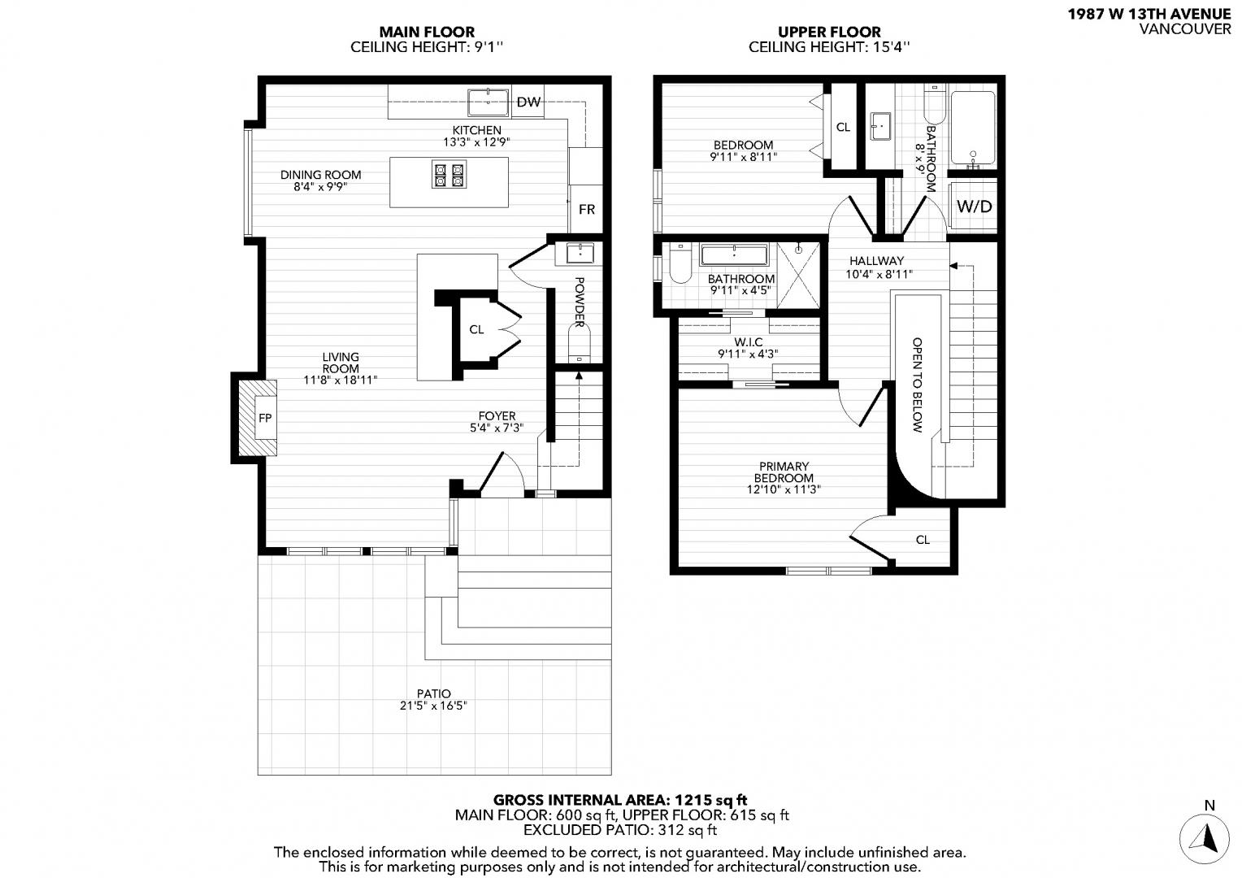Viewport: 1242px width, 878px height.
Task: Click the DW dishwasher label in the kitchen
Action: pos(528,102)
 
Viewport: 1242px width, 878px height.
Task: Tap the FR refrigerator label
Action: pos(587,209)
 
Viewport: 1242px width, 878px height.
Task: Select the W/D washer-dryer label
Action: pos(975,206)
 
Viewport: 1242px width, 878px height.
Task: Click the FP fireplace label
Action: pos(265,418)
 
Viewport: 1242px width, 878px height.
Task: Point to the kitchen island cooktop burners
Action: pos(449,175)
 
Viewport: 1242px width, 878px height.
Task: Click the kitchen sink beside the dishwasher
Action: pos(488,102)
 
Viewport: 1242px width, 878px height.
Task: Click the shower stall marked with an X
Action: pos(798,275)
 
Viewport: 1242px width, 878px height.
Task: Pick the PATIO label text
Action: pos(433,693)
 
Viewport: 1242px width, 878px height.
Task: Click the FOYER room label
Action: pos(497,416)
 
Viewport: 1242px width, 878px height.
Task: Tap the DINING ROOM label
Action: pos(320,176)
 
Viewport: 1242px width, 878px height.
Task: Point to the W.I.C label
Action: pos(748,342)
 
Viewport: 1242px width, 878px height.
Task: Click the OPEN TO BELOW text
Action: pos(917,385)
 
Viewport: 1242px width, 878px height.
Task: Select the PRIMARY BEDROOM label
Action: pos(784,472)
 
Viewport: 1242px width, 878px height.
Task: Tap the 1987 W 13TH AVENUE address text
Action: pos(1149,15)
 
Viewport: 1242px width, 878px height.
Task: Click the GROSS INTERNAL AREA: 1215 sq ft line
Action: pos(620,800)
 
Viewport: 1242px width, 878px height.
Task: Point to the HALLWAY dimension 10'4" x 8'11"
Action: pos(879,274)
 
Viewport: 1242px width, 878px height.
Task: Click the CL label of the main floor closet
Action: pos(476,329)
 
